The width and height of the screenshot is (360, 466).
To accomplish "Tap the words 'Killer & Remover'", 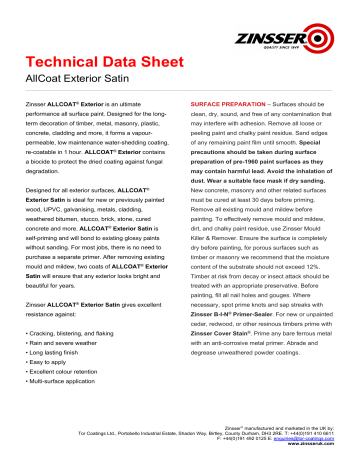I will [218, 234].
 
